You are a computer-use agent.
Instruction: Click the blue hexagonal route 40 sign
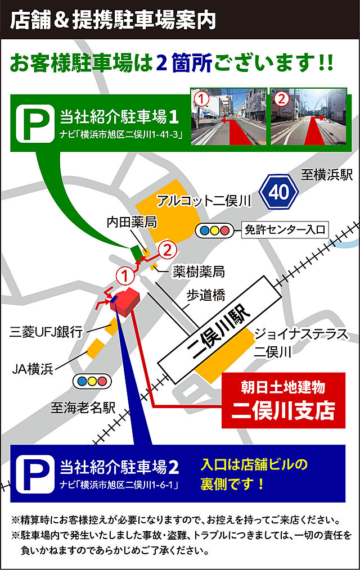point(278,192)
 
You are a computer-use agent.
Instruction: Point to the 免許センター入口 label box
point(285,229)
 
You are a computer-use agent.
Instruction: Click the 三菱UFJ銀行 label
point(46,332)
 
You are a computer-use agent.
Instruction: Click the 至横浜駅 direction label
point(327,175)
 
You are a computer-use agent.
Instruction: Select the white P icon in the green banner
point(34,124)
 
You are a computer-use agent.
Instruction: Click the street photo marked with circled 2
point(307,116)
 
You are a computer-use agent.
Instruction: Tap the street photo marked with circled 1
point(228,116)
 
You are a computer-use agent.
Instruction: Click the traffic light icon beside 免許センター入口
point(213,230)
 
